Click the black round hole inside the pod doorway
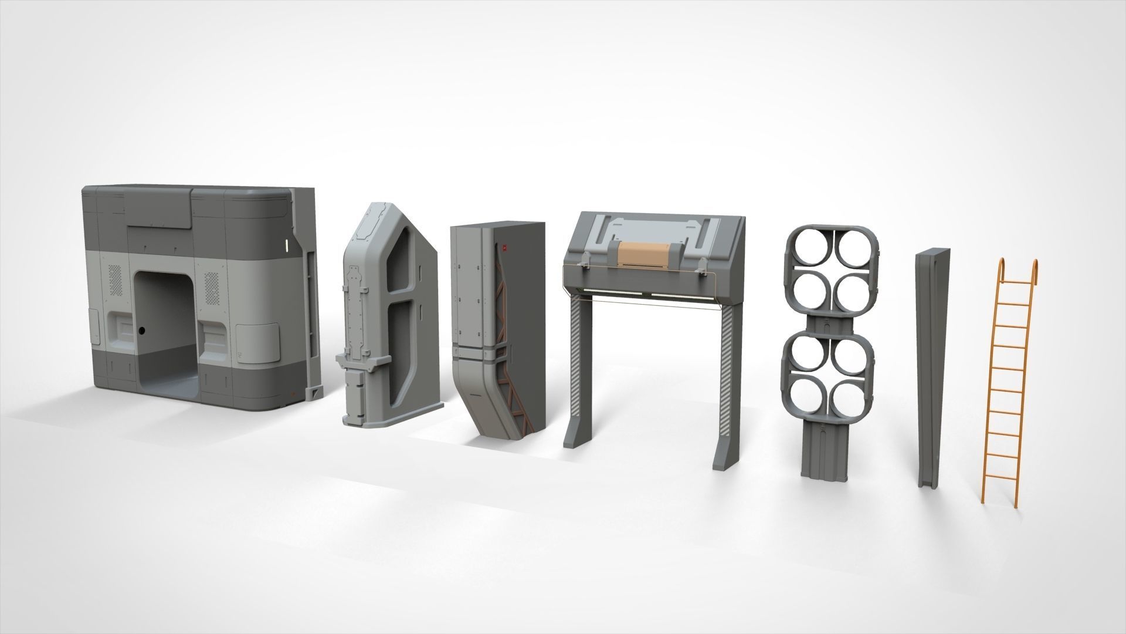(142, 332)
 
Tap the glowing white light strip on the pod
(286, 244)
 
